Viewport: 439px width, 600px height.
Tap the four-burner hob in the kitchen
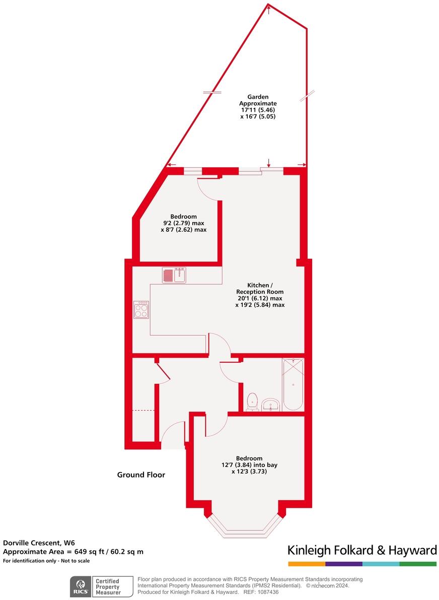pos(141,309)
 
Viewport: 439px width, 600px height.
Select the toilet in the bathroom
pos(253,402)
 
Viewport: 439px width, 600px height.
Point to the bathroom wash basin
pos(271,404)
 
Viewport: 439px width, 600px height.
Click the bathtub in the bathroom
pos(292,384)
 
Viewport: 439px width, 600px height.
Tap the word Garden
pos(258,97)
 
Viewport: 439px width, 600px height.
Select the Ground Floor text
pos(141,475)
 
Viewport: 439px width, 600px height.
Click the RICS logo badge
pos(80,586)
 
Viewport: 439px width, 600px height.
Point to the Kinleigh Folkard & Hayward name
pos(362,550)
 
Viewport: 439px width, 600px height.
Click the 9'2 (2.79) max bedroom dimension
pos(183,223)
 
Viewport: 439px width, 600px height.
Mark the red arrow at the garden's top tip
pos(269,9)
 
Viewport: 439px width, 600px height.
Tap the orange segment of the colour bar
pos(307,564)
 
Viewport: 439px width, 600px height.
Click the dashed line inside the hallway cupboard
pos(143,411)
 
